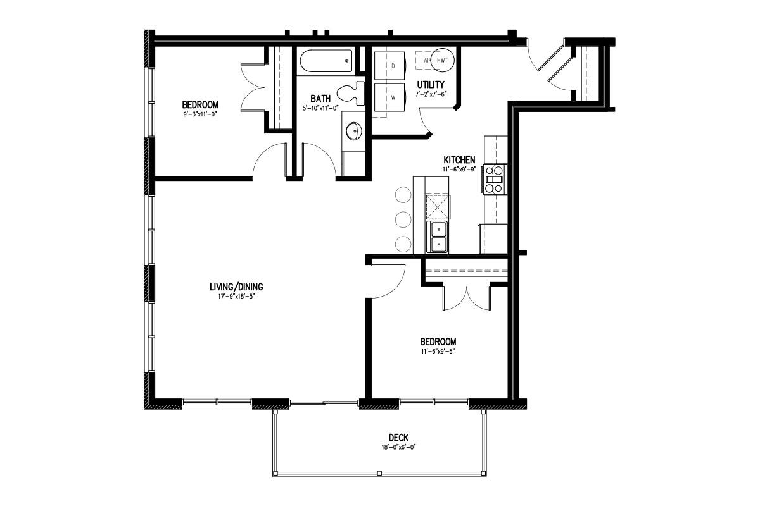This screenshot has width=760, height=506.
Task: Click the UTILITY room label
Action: click(x=431, y=84)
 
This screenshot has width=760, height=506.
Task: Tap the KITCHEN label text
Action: click(x=459, y=159)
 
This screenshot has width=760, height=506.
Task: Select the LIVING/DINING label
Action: click(x=236, y=287)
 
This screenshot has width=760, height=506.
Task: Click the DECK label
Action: click(x=398, y=438)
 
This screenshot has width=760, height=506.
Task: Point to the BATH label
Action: click(x=320, y=99)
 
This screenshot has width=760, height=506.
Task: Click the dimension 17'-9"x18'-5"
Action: click(x=236, y=296)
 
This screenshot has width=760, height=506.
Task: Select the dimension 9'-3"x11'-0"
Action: click(x=200, y=114)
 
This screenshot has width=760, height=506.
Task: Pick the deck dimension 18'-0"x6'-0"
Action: click(x=398, y=447)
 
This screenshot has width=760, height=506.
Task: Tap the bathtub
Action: click(x=326, y=61)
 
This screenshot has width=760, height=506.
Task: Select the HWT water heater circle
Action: click(x=443, y=60)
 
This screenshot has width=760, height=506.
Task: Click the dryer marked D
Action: click(x=389, y=66)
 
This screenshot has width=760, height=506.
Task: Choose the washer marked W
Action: click(x=389, y=97)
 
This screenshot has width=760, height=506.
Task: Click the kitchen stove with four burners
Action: click(x=495, y=180)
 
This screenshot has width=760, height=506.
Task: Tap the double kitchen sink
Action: click(x=438, y=237)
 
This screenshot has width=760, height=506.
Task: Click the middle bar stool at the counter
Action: click(x=403, y=219)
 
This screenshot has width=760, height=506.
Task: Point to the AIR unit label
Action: click(x=427, y=61)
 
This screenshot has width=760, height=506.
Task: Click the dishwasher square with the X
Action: click(x=438, y=207)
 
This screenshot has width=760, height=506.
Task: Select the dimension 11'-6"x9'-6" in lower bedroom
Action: click(x=438, y=352)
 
